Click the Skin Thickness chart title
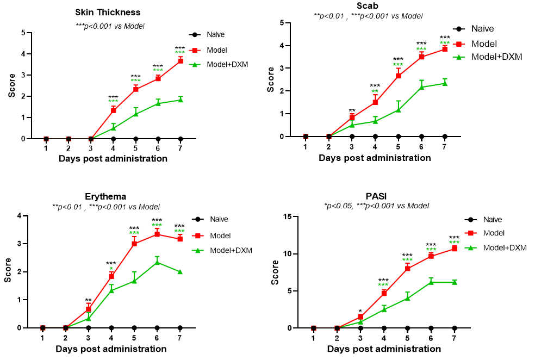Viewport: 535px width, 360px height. point(108,13)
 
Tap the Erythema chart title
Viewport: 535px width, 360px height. point(105,196)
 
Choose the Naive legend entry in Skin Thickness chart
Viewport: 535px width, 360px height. point(216,35)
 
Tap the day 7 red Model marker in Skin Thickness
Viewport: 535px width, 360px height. point(180,61)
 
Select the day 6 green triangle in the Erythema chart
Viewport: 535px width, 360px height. point(157,262)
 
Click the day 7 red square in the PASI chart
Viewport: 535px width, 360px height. point(454,249)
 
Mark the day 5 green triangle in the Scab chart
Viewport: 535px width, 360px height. point(398,110)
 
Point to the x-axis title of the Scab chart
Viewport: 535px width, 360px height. point(375,158)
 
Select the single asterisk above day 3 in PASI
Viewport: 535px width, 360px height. point(360,312)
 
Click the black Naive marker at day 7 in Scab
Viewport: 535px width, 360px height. point(444,136)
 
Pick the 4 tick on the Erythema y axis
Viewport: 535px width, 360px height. point(20,216)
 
